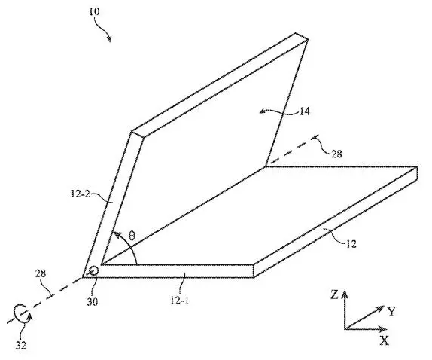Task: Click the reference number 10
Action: [94, 11]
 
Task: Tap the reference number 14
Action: [304, 111]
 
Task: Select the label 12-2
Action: [81, 194]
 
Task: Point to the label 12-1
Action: [179, 301]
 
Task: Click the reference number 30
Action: [93, 302]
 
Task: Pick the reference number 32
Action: [20, 345]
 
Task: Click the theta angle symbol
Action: [132, 236]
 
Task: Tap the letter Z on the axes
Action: [334, 295]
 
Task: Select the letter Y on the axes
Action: [391, 312]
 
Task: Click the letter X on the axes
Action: [384, 341]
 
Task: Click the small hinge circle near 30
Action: [93, 271]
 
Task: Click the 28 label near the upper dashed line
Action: [336, 154]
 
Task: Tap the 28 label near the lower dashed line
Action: [41, 273]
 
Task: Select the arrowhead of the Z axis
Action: [345, 294]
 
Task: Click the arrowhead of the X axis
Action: [383, 329]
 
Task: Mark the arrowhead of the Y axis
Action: [380, 308]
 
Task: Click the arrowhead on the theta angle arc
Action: [117, 235]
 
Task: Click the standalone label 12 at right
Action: [351, 244]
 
